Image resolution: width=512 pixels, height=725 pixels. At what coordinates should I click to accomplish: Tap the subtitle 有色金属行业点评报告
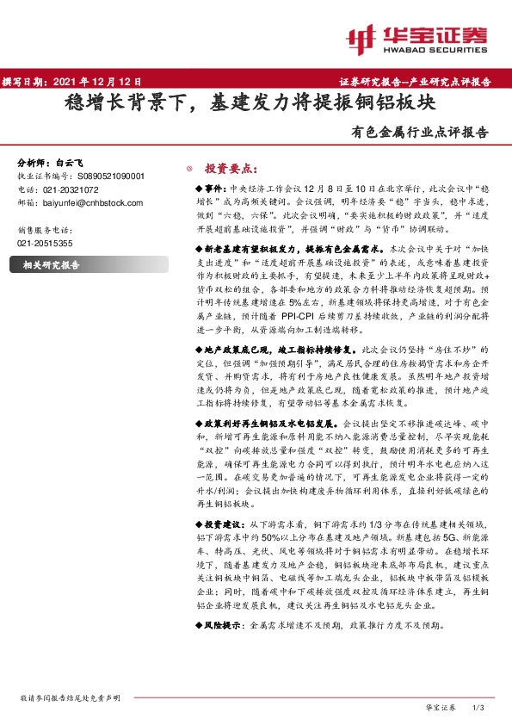pos(420,133)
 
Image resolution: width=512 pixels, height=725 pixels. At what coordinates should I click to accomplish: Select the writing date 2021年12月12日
pos(94,83)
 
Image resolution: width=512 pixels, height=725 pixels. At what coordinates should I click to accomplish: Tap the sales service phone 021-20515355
pos(45,244)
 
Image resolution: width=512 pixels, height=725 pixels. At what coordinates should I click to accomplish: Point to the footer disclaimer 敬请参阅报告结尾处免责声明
pos(70,697)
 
